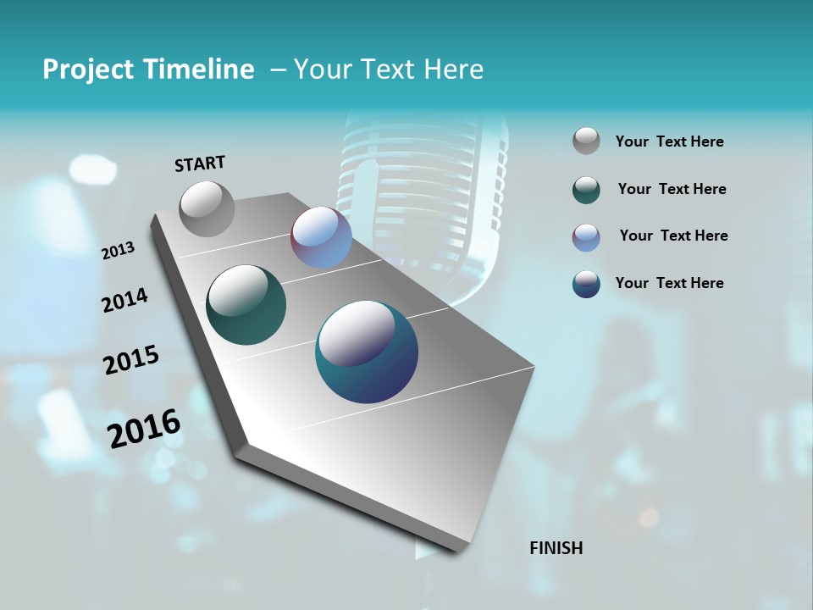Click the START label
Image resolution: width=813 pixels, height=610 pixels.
point(200,164)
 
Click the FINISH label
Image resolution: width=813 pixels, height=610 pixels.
point(556,548)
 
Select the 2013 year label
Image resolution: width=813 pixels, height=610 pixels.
point(119,251)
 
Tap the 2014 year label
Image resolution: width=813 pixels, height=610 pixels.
point(124,301)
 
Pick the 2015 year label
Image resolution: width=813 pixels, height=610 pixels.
point(131,360)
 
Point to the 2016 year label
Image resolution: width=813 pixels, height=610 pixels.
point(144,429)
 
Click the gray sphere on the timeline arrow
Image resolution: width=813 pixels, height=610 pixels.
point(207,208)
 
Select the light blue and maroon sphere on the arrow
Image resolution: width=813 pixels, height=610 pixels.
point(321,237)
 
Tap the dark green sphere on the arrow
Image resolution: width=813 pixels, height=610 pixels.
point(246,305)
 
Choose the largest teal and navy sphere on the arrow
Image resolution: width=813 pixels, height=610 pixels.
point(367,352)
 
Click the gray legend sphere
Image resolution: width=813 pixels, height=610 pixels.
point(586,141)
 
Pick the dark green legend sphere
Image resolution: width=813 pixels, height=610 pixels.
point(586,190)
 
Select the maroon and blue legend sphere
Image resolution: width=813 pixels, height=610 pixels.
point(586,237)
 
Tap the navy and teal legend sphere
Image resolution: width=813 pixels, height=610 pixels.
point(586,285)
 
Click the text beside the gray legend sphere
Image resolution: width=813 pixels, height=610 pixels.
point(669,142)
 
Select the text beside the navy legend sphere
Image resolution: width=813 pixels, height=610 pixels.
point(669,283)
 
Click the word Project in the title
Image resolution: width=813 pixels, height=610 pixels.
point(87,69)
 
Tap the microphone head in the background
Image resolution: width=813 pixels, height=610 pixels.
point(423,178)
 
